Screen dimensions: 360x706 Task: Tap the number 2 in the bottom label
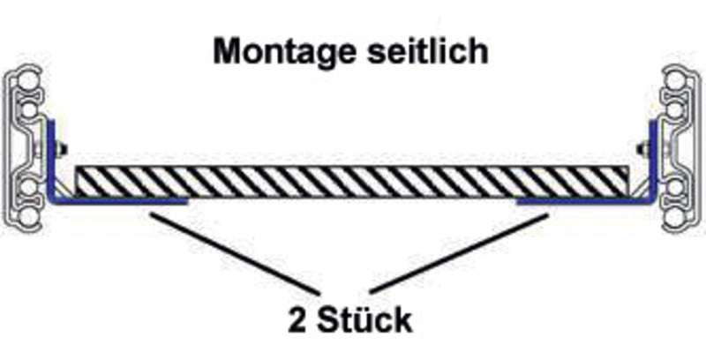[x=297, y=319]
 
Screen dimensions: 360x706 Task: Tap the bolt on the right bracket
[x=643, y=147]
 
